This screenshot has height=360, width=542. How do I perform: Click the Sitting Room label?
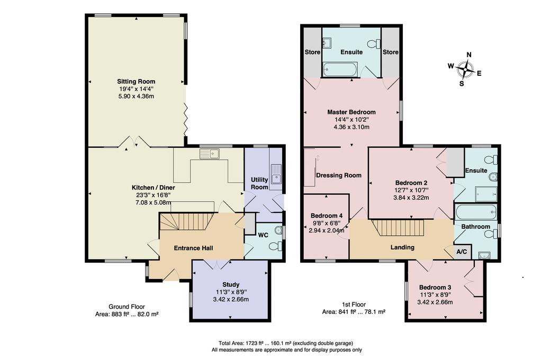(136, 82)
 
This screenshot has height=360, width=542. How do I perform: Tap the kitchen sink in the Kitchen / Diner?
(210, 154)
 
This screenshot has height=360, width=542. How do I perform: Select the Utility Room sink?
(276, 174)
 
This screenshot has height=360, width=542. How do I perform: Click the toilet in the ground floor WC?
(275, 246)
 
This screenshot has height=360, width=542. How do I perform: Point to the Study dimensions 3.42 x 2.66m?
(231, 299)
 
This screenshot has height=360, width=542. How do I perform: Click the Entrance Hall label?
(193, 248)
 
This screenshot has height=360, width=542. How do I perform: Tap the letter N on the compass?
(469, 55)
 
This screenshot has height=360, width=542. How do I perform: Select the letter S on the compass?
(462, 83)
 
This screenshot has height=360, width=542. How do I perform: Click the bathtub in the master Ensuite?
(340, 69)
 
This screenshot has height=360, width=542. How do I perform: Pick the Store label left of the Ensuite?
(312, 52)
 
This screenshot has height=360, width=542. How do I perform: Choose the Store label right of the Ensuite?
(391, 52)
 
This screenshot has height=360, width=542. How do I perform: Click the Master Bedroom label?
(351, 112)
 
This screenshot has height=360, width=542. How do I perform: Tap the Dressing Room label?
(339, 175)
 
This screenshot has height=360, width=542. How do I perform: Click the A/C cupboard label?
(462, 252)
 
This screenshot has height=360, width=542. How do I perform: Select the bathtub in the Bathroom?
(476, 212)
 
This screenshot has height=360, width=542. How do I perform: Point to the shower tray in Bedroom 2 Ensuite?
(486, 194)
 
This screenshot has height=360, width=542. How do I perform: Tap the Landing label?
(402, 247)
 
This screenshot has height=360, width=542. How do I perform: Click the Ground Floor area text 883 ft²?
(127, 314)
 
